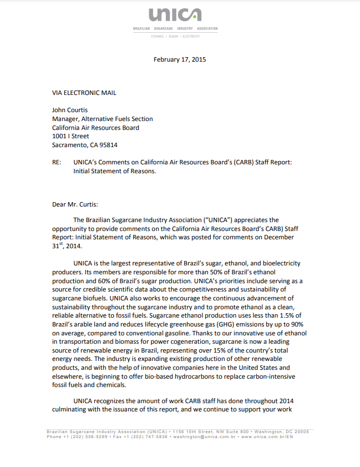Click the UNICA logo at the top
tap(175, 15)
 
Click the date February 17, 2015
tap(180, 59)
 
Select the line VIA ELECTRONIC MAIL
tap(84, 93)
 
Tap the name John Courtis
tap(70, 110)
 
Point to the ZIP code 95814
tap(108, 145)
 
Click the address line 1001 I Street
tap(70, 136)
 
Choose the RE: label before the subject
tap(57, 163)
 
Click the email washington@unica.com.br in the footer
tap(205, 437)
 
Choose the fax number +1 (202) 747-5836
tap(147, 437)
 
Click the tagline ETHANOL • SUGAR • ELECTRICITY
tap(175, 36)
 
